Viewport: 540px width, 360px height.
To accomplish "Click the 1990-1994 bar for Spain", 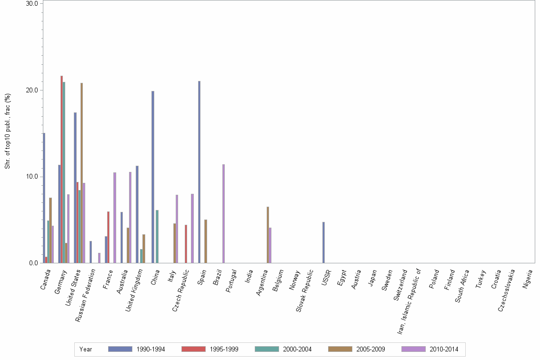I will click(199, 172).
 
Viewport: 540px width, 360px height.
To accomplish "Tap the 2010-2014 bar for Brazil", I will click(223, 214).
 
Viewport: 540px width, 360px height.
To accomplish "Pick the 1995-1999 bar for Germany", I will click(61, 170).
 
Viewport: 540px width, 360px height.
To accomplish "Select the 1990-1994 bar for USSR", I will click(323, 242).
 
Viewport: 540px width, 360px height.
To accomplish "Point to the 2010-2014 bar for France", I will click(115, 218).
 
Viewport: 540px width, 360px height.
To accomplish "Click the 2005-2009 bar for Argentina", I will click(268, 235).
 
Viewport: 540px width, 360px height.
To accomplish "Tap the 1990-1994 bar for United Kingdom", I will click(137, 214).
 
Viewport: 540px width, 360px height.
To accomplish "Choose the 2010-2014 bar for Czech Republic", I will click(192, 229).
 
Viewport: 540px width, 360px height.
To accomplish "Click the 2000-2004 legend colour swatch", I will click(267, 349).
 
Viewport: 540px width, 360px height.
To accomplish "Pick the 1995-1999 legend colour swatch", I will click(193, 349).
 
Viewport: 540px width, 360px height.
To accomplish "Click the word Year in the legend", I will click(86, 350).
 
